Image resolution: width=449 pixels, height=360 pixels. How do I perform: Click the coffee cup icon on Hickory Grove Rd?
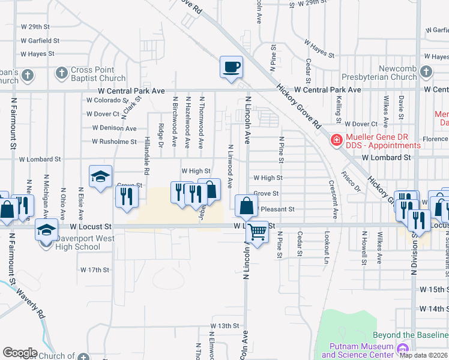231,67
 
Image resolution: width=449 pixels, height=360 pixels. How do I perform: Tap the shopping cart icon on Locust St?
258,230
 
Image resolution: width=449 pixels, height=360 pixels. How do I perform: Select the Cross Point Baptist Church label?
98,74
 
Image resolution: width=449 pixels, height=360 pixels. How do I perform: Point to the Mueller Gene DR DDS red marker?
337,140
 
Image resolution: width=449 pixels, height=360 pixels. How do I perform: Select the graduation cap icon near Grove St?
100,176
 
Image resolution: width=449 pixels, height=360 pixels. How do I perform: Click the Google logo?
20,352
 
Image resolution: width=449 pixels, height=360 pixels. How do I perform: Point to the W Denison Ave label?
114,128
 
